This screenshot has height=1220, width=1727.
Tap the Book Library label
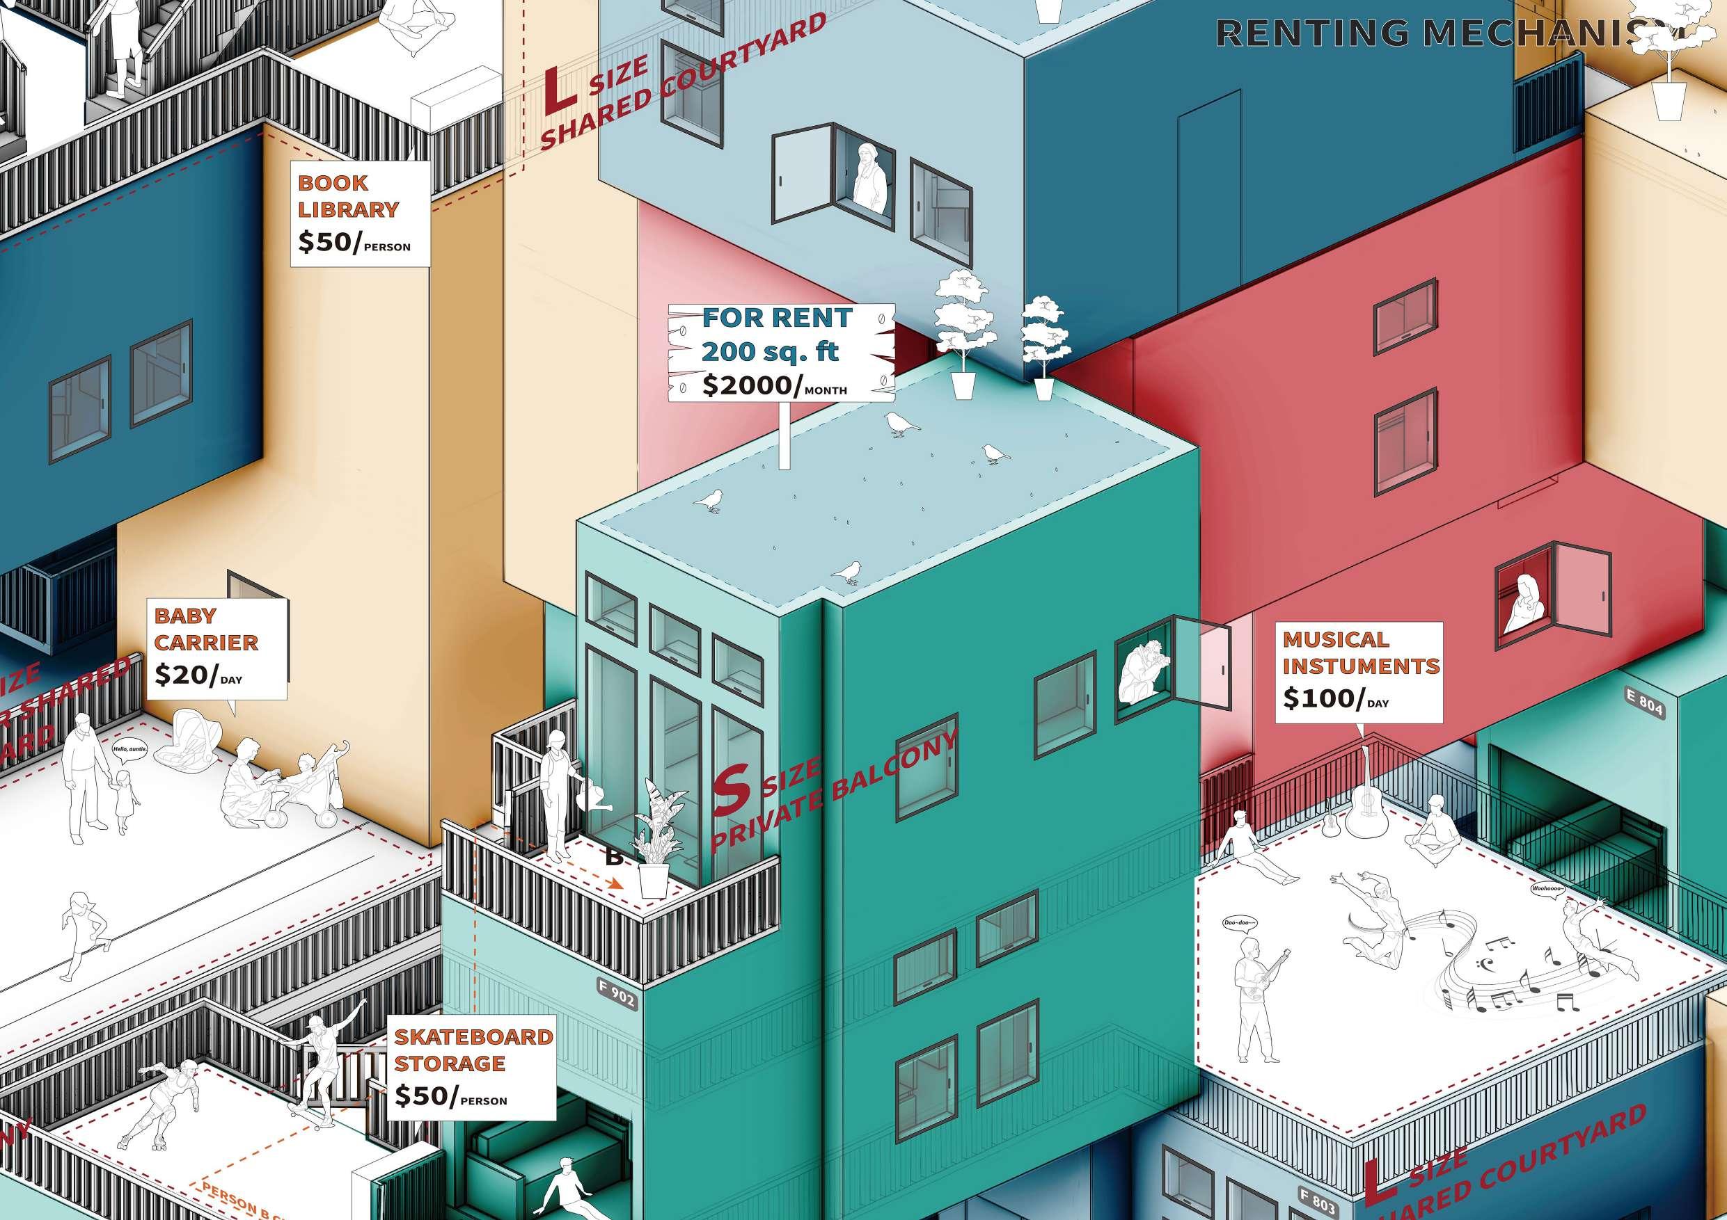(x=347, y=196)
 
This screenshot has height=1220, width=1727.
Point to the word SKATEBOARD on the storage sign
(x=473, y=1036)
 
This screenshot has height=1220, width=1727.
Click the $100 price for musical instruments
(x=1322, y=698)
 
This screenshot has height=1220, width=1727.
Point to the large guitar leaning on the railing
(x=1364, y=807)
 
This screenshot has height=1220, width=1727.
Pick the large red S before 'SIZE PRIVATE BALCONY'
(x=730, y=790)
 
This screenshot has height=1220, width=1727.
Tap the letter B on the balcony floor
(x=614, y=856)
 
